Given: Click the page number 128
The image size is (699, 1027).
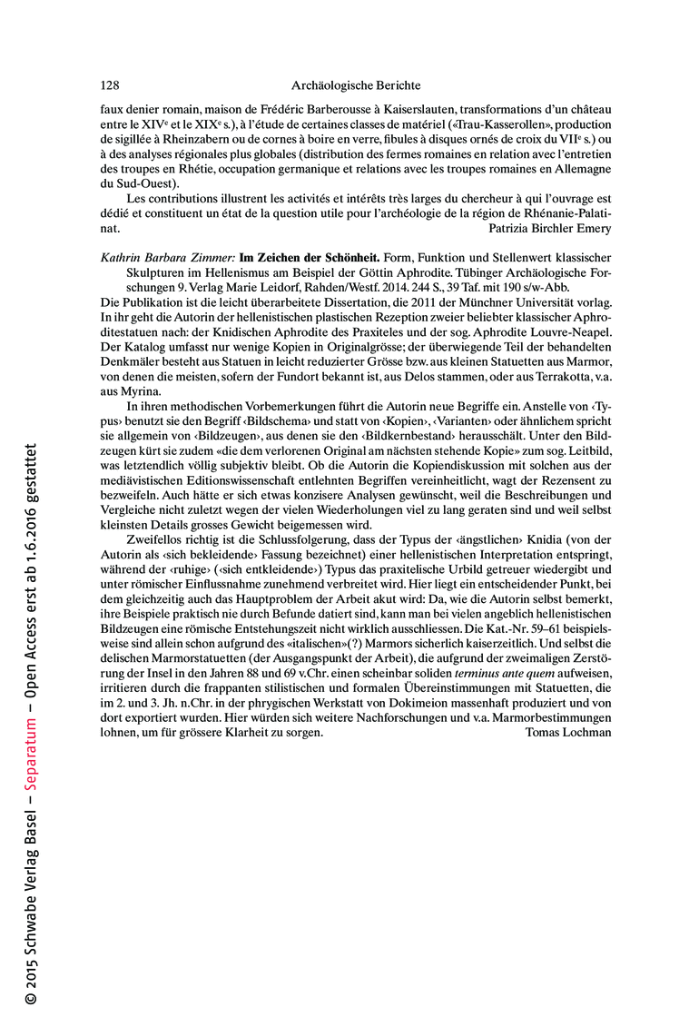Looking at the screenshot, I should pyautogui.click(x=110, y=85).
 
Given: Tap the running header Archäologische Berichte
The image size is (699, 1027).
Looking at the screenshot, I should pyautogui.click(x=356, y=85).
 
